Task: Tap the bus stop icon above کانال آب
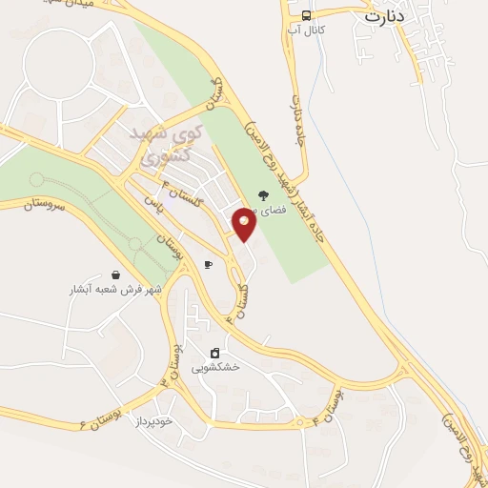(307, 15)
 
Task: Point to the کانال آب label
(308, 31)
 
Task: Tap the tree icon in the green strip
(263, 195)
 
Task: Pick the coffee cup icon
(208, 264)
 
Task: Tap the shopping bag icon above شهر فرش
(115, 274)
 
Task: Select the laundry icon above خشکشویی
(215, 352)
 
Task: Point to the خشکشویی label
(215, 367)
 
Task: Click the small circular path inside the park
(36, 179)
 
